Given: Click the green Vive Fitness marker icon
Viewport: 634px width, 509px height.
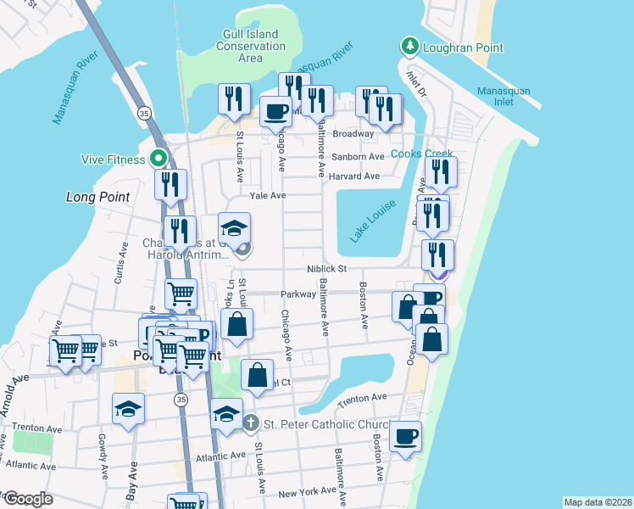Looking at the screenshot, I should (158, 158).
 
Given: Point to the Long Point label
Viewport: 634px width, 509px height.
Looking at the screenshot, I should (98, 197).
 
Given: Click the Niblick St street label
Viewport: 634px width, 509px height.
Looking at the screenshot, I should (327, 269).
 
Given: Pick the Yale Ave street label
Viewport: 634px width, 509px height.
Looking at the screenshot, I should (266, 195).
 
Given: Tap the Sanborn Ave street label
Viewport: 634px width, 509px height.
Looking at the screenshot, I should (358, 157).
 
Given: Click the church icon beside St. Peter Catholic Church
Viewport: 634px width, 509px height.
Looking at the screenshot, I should (249, 422).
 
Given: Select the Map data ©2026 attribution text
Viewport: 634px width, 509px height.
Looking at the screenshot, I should (597, 502).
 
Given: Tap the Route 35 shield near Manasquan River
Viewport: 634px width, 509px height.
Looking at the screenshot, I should (144, 113).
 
